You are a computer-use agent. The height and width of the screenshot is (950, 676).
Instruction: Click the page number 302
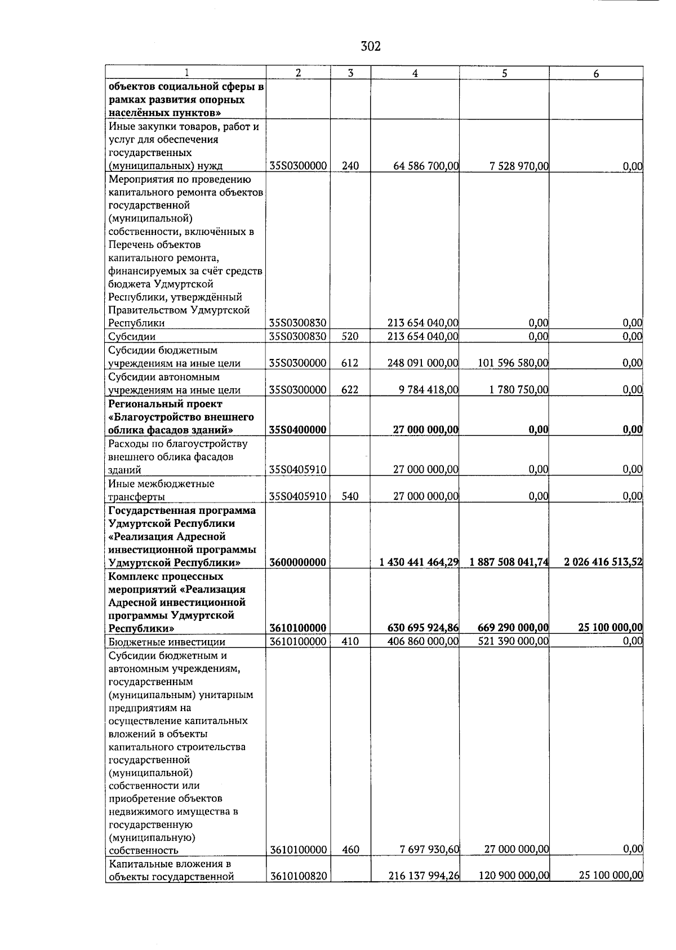(x=371, y=46)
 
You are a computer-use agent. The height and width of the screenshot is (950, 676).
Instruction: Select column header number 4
(x=415, y=73)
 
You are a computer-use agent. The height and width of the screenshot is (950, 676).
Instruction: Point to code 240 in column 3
(x=350, y=166)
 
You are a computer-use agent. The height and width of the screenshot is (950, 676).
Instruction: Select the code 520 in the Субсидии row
(x=350, y=336)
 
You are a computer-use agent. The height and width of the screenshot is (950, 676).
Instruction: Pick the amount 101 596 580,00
(x=513, y=363)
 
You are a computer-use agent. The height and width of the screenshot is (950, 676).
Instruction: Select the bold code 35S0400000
(x=298, y=430)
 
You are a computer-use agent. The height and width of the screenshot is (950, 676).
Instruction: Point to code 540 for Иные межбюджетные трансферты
(x=350, y=496)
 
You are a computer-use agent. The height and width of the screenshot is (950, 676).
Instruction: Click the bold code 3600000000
(x=298, y=562)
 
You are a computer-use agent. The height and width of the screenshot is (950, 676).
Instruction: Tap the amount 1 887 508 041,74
(x=506, y=562)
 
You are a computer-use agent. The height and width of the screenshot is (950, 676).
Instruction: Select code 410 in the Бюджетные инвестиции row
(x=350, y=641)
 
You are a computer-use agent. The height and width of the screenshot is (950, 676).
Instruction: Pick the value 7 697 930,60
(x=428, y=850)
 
